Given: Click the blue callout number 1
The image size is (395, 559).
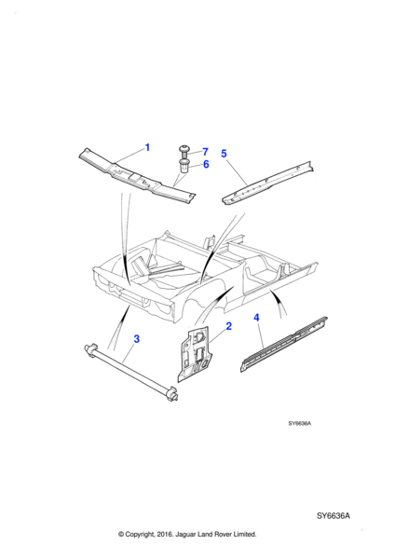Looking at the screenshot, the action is [147, 147].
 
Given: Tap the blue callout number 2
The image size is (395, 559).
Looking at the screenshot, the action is [229, 326].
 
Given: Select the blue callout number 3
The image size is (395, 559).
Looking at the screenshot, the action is [137, 339].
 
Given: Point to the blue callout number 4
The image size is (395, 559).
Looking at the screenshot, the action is [257, 318].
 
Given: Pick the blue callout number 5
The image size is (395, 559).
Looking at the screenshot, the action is [224, 154].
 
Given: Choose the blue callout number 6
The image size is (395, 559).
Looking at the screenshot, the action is [206, 164].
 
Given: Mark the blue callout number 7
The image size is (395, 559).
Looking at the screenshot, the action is [205, 152].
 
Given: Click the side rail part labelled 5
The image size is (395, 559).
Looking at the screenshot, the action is [268, 183].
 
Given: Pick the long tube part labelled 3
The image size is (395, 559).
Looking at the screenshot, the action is [130, 372].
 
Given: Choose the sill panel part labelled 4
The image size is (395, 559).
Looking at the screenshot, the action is [284, 344].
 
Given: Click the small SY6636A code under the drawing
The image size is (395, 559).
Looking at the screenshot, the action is [300, 424].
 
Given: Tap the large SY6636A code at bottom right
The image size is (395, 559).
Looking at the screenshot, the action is [334, 516].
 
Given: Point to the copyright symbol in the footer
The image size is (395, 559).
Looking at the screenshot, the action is [121, 534].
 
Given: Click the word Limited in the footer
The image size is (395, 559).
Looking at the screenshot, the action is [245, 534].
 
